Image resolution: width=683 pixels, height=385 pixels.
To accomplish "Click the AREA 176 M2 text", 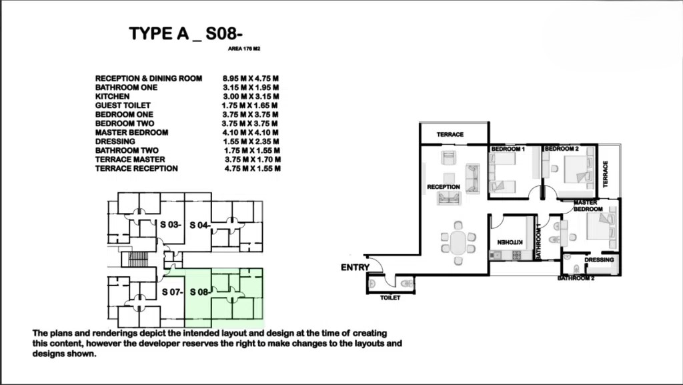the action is point(244,49).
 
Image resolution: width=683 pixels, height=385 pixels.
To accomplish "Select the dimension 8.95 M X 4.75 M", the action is point(251,78).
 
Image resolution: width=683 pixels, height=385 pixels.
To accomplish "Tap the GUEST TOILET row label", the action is point(123,105).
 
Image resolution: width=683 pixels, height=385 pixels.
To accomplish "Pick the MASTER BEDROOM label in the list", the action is point(131,132).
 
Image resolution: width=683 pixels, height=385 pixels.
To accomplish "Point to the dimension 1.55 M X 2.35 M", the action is point(251,141).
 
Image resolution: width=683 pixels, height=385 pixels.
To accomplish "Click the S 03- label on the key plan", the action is point(170,225).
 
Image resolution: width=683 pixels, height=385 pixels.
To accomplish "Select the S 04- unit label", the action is point(200,225).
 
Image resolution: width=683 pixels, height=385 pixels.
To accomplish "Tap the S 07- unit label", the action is point(172,292).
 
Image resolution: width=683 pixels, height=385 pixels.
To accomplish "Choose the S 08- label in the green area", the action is point(200,292).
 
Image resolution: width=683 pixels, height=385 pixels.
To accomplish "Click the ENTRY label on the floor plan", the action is point(355,268).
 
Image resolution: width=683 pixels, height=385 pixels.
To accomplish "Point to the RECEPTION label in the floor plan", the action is point(444,187).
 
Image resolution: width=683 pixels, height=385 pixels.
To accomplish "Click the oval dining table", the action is point(458,243).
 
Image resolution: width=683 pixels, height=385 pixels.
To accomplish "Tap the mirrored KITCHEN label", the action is point(510,242).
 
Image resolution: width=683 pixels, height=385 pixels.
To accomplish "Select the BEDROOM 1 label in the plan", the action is point(508,149).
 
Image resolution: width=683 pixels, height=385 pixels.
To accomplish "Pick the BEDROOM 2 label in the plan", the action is point(562,149).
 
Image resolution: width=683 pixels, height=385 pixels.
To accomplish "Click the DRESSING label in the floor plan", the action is point(599,260).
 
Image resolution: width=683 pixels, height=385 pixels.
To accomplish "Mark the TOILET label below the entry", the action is point(390,298).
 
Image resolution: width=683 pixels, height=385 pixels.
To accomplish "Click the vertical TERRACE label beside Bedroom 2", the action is point(605,173).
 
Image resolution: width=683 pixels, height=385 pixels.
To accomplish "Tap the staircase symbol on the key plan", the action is point(139,259).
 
